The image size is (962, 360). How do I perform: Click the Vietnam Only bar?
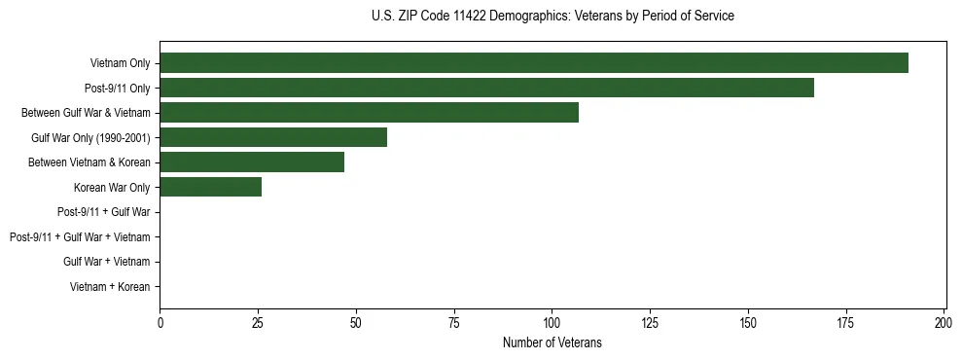(x=534, y=63)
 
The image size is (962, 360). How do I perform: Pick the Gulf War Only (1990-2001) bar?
(x=273, y=137)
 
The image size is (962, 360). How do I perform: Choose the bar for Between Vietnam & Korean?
(x=252, y=162)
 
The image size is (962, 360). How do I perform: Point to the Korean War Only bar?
(x=211, y=187)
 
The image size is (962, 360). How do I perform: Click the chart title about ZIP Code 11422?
(x=552, y=17)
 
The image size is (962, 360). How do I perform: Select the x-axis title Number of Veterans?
(x=552, y=342)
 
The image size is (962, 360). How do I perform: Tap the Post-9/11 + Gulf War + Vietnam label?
(x=80, y=237)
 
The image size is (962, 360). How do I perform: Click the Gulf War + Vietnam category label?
(x=107, y=262)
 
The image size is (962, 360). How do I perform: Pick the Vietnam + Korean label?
(x=110, y=287)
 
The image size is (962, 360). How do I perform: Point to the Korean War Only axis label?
(x=112, y=188)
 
